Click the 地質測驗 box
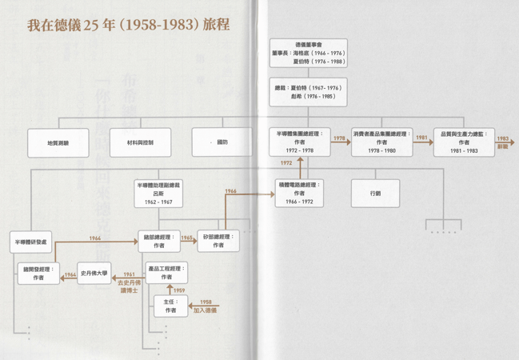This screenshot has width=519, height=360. (x=58, y=143)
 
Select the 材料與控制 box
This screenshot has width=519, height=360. (x=140, y=143)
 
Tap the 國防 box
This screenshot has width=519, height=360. (x=222, y=142)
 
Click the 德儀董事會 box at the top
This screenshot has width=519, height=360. (x=308, y=54)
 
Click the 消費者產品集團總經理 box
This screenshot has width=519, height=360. (x=382, y=142)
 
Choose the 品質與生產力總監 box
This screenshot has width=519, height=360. (x=464, y=142)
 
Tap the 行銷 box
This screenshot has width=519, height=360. (x=375, y=194)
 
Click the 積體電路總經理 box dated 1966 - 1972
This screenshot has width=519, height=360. (x=299, y=193)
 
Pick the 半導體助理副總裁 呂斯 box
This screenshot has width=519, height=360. (x=158, y=193)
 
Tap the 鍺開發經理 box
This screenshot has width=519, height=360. (x=38, y=273)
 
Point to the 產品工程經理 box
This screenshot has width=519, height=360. (x=166, y=272)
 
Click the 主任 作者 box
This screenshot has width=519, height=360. (x=170, y=306)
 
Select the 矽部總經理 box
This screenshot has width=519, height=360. (x=218, y=241)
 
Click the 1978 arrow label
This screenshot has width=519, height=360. (x=340, y=138)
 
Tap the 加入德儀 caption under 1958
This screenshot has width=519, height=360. (x=206, y=309)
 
